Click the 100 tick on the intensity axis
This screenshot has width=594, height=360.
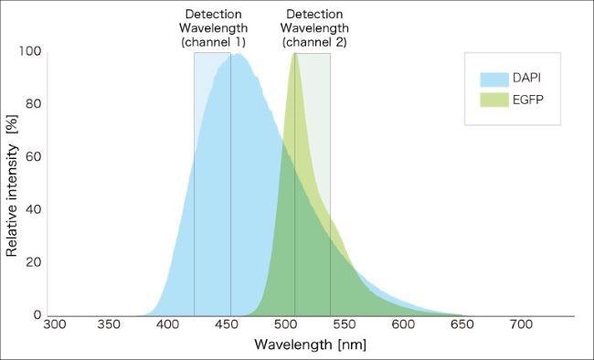coord(31,51)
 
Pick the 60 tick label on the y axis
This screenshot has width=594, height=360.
coord(35,156)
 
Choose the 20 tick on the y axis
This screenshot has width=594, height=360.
coord(35,262)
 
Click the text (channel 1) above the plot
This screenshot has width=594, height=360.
coord(213,42)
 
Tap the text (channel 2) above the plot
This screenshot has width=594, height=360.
coord(314,42)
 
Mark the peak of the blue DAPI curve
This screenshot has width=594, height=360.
coord(238,54)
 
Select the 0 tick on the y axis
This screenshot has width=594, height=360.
coord(38,315)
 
